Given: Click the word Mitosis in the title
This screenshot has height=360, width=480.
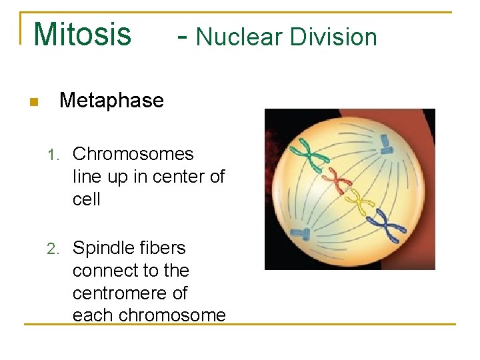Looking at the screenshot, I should tap(82, 35).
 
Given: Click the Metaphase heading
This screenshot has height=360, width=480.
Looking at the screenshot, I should tap(111, 101).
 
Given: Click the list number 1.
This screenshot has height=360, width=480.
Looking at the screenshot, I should tap(53, 155).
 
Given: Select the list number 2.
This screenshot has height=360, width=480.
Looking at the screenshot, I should tap(53, 249).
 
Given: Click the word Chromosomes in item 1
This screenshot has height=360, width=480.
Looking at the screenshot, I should tap(133, 154).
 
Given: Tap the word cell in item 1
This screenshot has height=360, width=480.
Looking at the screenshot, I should tap(86, 199).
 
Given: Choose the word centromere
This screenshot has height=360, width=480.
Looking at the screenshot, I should tap(129, 293).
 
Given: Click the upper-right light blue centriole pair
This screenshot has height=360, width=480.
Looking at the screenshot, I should tap(386, 142).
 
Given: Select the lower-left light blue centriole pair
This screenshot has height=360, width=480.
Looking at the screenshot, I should tap(302, 233).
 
